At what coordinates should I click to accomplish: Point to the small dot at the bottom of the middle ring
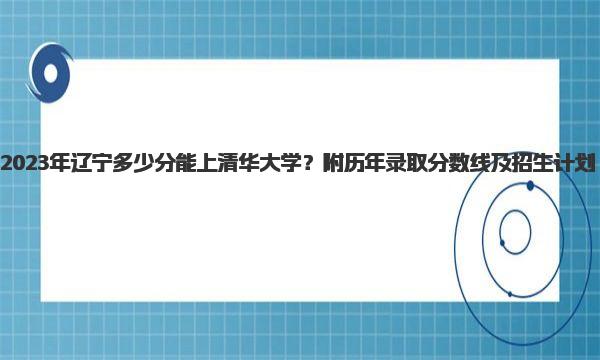pyautogui.click(x=510, y=294)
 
